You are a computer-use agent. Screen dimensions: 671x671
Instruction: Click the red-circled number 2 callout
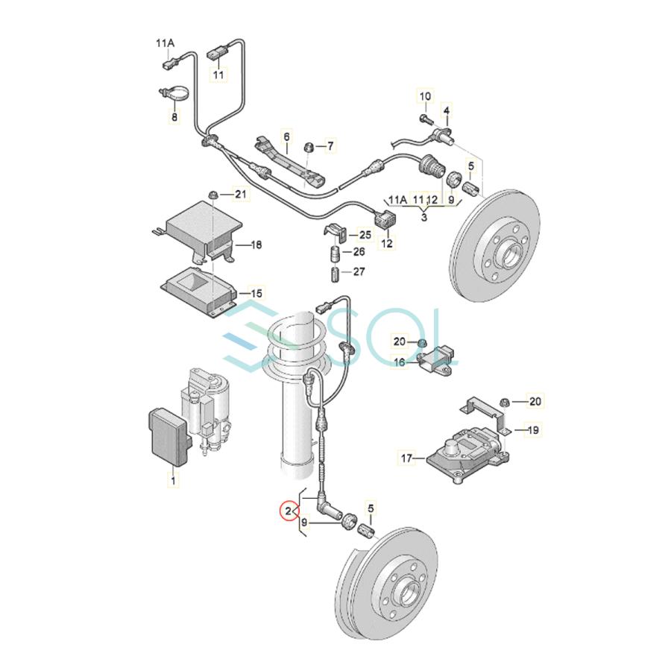pyautogui.click(x=289, y=511)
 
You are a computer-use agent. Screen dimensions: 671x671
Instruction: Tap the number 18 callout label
pyautogui.click(x=256, y=245)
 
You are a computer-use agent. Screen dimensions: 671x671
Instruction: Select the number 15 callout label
pyautogui.click(x=256, y=294)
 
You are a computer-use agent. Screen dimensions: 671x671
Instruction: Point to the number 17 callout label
pyautogui.click(x=406, y=459)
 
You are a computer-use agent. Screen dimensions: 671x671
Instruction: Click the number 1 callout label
pyautogui.click(x=173, y=481)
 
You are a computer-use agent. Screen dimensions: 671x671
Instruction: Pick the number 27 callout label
pyautogui.click(x=359, y=271)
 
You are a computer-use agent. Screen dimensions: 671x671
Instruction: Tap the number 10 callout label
pyautogui.click(x=425, y=96)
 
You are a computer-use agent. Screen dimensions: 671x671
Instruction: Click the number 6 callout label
pyautogui.click(x=286, y=136)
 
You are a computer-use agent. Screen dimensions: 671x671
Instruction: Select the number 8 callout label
pyautogui.click(x=174, y=116)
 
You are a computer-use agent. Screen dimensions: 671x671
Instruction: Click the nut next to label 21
pyautogui.click(x=212, y=195)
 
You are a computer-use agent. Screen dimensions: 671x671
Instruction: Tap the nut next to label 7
pyautogui.click(x=309, y=147)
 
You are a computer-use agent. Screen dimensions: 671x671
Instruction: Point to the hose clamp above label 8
pyautogui.click(x=174, y=94)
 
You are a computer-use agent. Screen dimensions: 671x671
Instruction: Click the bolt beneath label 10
pyautogui.click(x=426, y=119)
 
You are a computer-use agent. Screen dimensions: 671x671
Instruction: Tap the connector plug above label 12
pyautogui.click(x=385, y=220)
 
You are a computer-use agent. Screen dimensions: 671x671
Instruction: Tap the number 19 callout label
pyautogui.click(x=533, y=429)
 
